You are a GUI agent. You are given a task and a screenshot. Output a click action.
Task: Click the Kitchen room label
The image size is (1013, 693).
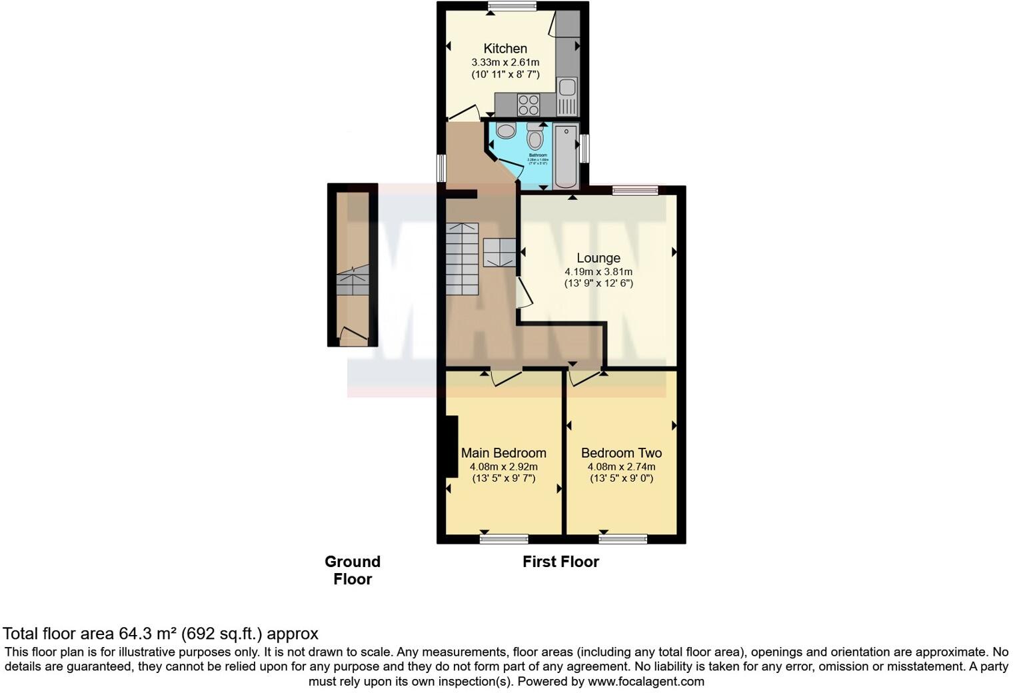click(x=505, y=49)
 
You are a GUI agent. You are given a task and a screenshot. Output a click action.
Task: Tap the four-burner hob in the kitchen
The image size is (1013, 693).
click(x=528, y=105)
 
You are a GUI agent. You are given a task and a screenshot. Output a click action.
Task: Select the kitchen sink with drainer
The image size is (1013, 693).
click(x=567, y=97)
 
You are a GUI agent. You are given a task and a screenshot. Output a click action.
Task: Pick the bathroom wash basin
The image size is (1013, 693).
click(x=505, y=130)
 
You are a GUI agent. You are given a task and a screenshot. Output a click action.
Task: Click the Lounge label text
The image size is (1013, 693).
click(x=598, y=258)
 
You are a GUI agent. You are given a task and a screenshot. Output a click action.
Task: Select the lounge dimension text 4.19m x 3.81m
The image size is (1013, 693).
click(x=598, y=272)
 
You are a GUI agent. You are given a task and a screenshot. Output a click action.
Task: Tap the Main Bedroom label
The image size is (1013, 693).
click(x=503, y=453)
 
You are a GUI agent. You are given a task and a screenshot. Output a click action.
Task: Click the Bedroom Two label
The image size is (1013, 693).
click(x=621, y=453)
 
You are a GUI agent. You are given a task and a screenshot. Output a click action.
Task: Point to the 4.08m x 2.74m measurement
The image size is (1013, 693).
click(x=621, y=467)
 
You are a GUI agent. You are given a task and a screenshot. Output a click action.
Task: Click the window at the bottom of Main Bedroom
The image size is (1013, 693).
click(x=504, y=539)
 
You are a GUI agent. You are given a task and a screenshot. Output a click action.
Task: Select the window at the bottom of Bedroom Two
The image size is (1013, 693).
click(x=622, y=539)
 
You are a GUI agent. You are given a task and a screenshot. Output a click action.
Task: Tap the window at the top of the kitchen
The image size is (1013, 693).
click(x=512, y=7)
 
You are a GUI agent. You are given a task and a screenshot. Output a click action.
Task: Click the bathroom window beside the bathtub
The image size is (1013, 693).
click(x=584, y=148)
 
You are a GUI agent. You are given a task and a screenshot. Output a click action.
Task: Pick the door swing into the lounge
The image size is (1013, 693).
click(x=524, y=293)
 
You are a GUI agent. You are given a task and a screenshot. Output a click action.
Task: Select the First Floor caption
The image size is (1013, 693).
click(x=560, y=562)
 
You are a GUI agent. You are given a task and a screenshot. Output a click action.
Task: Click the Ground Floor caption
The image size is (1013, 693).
click(x=353, y=570)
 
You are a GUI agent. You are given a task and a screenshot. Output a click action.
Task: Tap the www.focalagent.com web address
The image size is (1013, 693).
click(x=646, y=682)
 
